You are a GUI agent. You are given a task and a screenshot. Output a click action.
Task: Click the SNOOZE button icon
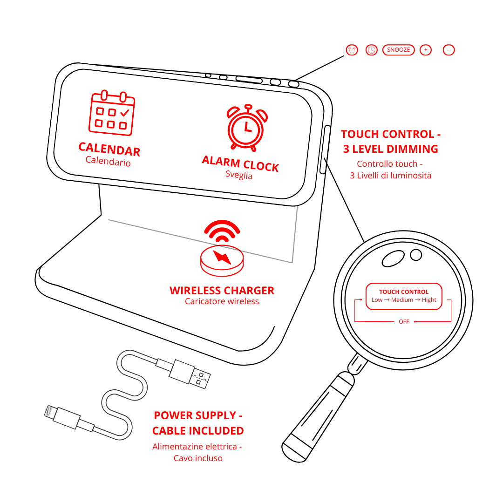398,50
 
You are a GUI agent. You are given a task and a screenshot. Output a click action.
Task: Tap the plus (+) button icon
426,50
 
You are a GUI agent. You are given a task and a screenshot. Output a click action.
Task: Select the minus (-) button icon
449,50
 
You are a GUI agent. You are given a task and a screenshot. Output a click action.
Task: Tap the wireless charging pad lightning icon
222,257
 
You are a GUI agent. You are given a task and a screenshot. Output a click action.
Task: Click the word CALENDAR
109,149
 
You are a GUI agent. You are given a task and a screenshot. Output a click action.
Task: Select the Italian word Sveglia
239,175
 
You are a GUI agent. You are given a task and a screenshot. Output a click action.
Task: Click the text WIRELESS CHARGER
222,290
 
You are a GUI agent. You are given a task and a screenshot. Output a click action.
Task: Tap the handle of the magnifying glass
318,417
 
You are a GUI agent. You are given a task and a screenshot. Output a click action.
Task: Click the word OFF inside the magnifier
404,321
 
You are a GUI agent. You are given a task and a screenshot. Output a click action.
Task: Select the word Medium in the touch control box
402,299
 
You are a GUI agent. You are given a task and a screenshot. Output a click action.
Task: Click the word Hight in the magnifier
429,300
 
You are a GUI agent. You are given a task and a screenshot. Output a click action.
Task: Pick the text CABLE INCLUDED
198,430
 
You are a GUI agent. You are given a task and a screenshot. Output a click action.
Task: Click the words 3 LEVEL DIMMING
390,149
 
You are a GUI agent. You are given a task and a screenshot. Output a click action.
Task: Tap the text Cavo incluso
198,458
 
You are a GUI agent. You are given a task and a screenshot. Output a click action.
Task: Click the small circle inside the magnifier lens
416,255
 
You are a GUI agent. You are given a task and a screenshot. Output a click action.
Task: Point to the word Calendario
108,161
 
